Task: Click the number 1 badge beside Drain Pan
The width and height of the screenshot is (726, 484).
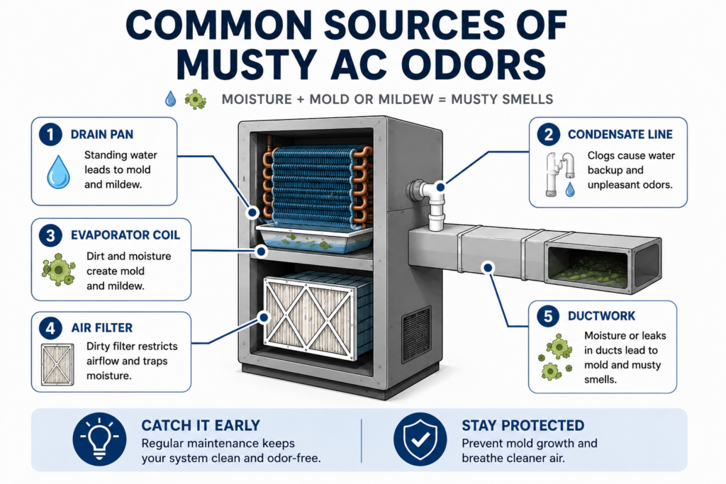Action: click(50, 135)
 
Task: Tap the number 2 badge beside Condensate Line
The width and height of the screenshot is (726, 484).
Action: click(549, 134)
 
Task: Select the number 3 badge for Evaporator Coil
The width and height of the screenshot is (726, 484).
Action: click(50, 235)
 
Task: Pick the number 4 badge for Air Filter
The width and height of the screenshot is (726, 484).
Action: click(50, 328)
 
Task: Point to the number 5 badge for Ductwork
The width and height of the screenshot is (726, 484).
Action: click(548, 316)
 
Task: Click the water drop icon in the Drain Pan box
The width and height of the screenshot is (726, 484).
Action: click(58, 171)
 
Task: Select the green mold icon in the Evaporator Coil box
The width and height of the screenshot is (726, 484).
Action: click(58, 269)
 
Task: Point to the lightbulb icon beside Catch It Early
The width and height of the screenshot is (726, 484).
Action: click(99, 439)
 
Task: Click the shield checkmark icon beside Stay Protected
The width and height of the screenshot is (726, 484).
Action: click(420, 439)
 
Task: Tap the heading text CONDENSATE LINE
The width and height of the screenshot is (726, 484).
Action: click(620, 134)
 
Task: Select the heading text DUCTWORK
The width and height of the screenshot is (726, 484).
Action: click(601, 316)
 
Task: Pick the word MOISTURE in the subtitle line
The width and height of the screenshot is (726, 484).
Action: click(257, 99)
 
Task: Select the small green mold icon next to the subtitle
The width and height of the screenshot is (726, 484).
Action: click(196, 99)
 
